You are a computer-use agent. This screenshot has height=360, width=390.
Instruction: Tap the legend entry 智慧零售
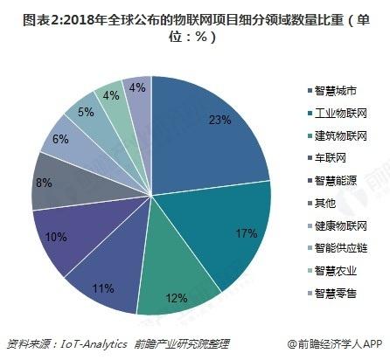tap(336, 294)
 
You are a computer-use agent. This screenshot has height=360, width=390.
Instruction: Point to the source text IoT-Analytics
tap(93, 344)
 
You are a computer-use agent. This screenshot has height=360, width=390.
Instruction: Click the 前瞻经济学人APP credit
tap(337, 344)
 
